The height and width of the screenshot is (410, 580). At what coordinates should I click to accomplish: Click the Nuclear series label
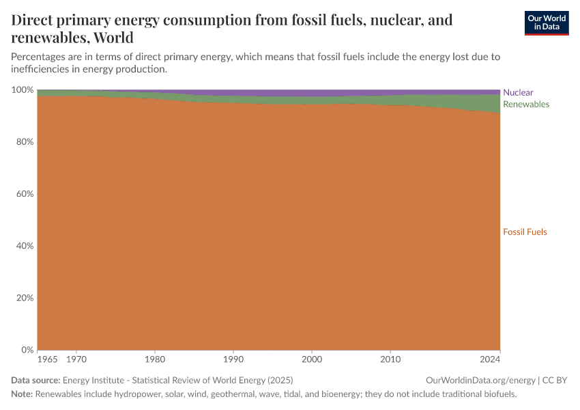click(x=518, y=92)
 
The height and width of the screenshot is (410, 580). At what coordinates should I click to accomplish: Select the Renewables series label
click(x=525, y=105)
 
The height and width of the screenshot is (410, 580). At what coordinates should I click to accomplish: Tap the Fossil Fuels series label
click(x=525, y=232)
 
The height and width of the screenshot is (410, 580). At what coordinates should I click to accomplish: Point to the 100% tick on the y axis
click(x=23, y=90)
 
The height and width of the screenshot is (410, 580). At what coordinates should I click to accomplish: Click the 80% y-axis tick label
click(x=25, y=142)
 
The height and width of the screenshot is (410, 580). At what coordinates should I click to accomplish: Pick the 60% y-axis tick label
click(x=25, y=194)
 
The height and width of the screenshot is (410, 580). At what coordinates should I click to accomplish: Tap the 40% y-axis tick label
click(x=25, y=246)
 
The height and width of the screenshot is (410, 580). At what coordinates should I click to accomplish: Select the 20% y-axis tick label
click(x=25, y=298)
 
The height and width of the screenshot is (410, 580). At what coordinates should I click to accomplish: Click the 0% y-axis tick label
click(x=27, y=350)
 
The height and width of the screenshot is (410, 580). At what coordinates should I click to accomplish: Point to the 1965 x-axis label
click(x=47, y=359)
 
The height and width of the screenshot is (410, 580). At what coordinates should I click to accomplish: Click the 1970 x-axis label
click(x=76, y=359)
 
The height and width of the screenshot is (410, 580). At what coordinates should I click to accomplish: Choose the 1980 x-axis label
click(x=155, y=359)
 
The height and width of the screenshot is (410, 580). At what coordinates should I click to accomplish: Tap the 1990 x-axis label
click(x=233, y=359)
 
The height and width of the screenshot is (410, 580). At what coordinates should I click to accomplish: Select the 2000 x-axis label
click(x=312, y=359)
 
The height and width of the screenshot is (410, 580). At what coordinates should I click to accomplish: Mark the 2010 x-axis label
click(x=390, y=359)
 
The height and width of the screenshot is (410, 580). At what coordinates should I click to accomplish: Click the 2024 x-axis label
click(x=490, y=359)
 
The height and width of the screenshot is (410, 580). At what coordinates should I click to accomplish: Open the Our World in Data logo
click(x=546, y=23)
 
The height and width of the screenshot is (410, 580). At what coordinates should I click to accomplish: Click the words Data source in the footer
click(x=35, y=380)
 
